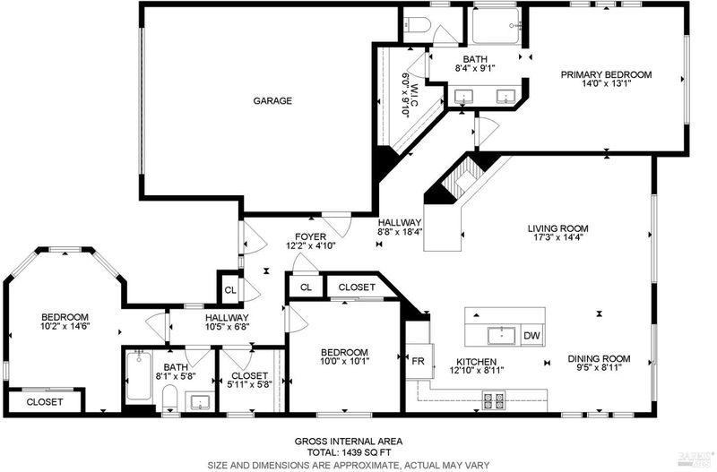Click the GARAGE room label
coord(272,100)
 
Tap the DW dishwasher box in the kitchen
coord(531,336)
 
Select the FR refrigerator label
coord(418,361)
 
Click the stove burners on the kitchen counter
coord(494,400)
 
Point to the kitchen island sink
coord(502,335)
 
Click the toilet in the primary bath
coord(416,25)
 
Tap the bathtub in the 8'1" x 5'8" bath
coord(139,375)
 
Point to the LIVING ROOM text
coord(557,228)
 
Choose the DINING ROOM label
coord(599,358)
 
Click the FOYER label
coord(310,236)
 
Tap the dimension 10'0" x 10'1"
coord(344,362)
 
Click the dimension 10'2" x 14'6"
coord(65,326)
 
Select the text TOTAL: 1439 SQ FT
coord(349,453)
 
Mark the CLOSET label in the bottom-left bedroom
coord(45,402)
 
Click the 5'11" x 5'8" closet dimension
coord(250,384)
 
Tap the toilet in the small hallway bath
coord(170,399)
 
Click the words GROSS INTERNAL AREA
coord(349,442)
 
